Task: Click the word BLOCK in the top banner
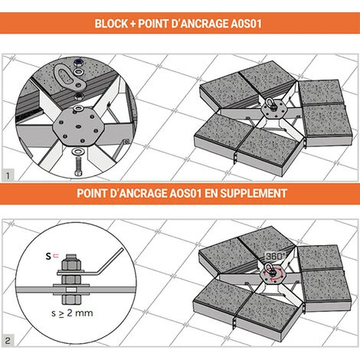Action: (x=111, y=24)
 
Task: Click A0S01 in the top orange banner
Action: (x=246, y=24)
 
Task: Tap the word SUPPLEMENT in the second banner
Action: (x=254, y=193)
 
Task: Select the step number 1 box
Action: (x=8, y=175)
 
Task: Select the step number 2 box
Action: (x=8, y=341)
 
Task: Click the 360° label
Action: (x=276, y=256)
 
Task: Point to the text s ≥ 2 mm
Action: (x=72, y=313)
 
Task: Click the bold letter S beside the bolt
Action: (x=48, y=256)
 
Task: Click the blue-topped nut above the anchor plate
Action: (x=79, y=62)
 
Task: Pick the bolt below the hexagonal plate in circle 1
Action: (x=78, y=166)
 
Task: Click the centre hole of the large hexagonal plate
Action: (x=78, y=126)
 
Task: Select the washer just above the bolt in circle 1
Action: (x=77, y=152)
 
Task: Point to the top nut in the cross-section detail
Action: (x=71, y=262)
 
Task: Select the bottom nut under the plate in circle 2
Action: (x=71, y=299)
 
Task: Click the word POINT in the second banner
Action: (x=93, y=193)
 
